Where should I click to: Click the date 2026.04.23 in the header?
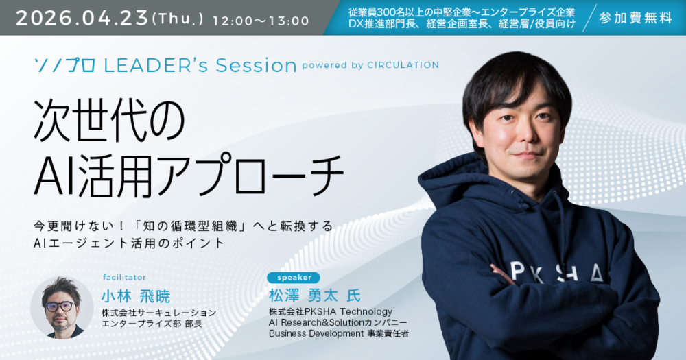coord(82,19)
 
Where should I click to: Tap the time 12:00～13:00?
coord(261,21)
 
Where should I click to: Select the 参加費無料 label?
coord(635,18)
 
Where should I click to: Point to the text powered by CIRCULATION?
coord(370,65)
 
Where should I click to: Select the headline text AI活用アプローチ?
coord(189,174)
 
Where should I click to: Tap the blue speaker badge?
coord(294,277)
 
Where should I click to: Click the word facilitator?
coord(124,277)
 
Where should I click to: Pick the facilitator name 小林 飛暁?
coord(136,297)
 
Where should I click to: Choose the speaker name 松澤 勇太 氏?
coord(315,296)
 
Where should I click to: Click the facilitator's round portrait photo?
coord(62,307)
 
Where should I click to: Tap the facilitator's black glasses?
coord(60,307)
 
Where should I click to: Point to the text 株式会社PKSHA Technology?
coord(331,312)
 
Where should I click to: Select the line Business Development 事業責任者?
coord(339,333)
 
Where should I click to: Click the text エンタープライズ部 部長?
coord(152,324)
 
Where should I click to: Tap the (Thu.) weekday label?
coord(178,19)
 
